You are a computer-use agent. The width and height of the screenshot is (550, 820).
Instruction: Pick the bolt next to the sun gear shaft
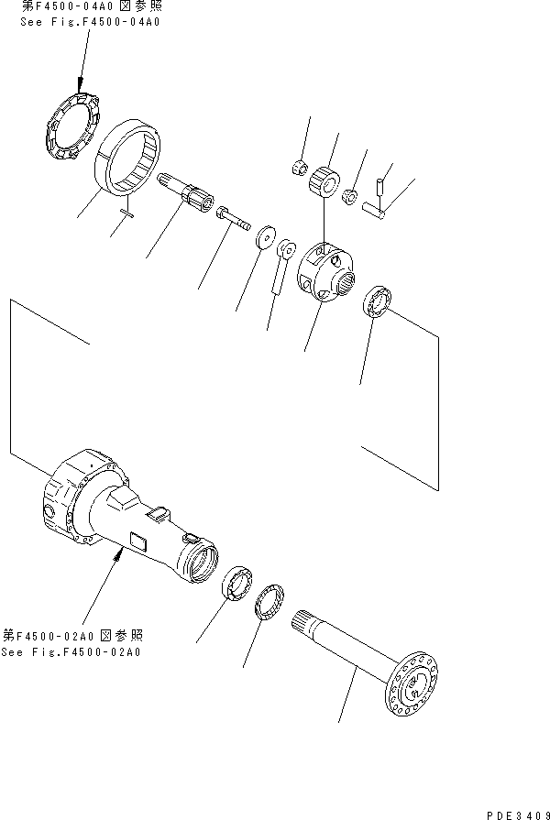(235, 219)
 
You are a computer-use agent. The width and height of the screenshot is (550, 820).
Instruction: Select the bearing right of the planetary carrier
(379, 301)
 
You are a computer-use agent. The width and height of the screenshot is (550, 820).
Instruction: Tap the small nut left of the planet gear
(296, 167)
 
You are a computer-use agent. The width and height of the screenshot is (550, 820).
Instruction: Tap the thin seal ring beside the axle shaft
(273, 605)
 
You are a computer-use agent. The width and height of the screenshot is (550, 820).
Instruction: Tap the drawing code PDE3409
(518, 811)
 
